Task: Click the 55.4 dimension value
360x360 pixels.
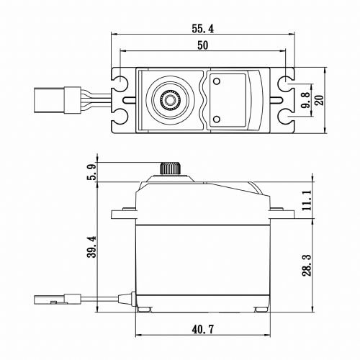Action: pyautogui.click(x=202, y=29)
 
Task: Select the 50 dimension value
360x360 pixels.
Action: pyautogui.click(x=203, y=45)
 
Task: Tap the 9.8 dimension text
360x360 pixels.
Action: pyautogui.click(x=306, y=100)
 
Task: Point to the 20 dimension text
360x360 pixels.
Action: pyautogui.click(x=320, y=100)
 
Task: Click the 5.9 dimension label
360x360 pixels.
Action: pyautogui.click(x=91, y=171)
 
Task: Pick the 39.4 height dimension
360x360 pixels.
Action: pyautogui.click(x=91, y=247)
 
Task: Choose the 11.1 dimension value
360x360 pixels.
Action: pyautogui.click(x=307, y=200)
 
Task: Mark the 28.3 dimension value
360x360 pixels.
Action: pyautogui.click(x=307, y=265)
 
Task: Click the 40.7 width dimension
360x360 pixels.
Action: pyautogui.click(x=203, y=329)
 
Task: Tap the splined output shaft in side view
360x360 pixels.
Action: pyautogui.click(x=170, y=168)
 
